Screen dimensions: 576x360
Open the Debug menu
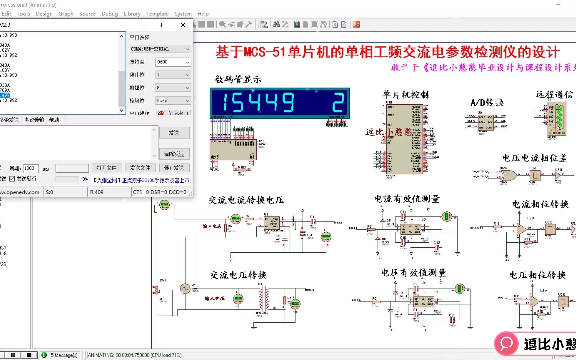click(x=110, y=14)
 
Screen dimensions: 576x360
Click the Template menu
click(x=157, y=14)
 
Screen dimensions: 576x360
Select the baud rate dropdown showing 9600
click(x=173, y=62)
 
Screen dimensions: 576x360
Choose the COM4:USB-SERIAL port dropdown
click(x=160, y=49)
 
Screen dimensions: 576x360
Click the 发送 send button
click(x=174, y=133)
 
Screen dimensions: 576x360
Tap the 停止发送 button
click(x=174, y=168)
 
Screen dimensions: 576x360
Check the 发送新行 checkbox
click(x=12, y=179)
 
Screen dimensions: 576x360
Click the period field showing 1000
click(x=30, y=168)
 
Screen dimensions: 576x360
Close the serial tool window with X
click(x=183, y=25)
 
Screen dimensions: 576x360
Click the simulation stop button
click(x=29, y=355)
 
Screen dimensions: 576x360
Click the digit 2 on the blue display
click(x=338, y=102)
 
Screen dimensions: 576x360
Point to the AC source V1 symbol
click(x=185, y=289)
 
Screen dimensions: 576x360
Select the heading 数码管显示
click(x=238, y=79)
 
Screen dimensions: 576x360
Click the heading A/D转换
click(x=487, y=103)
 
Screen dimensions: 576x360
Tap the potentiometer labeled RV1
click(x=156, y=290)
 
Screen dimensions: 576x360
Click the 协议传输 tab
click(x=34, y=120)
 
